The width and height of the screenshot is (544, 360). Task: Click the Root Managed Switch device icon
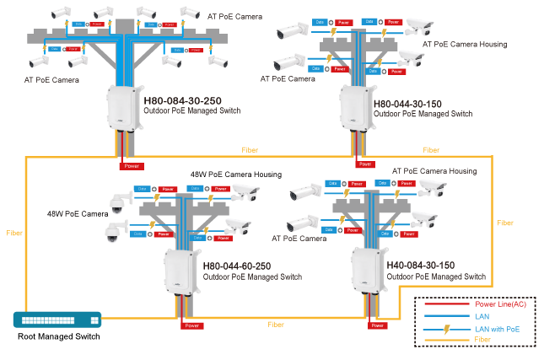point(57,320)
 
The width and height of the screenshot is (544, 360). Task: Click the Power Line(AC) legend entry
point(504,304)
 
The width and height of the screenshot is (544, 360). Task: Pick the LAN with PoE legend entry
point(500,330)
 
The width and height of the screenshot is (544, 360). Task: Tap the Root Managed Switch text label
point(57,336)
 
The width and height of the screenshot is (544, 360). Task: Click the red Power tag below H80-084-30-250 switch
point(132,165)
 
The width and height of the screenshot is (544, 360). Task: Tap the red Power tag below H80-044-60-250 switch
point(193,325)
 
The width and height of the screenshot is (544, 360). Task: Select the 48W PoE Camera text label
point(78,213)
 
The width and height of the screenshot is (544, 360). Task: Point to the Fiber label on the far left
point(14,232)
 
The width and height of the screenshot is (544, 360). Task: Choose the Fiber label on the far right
point(504,223)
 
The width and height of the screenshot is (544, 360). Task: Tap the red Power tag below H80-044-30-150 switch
point(366,165)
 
